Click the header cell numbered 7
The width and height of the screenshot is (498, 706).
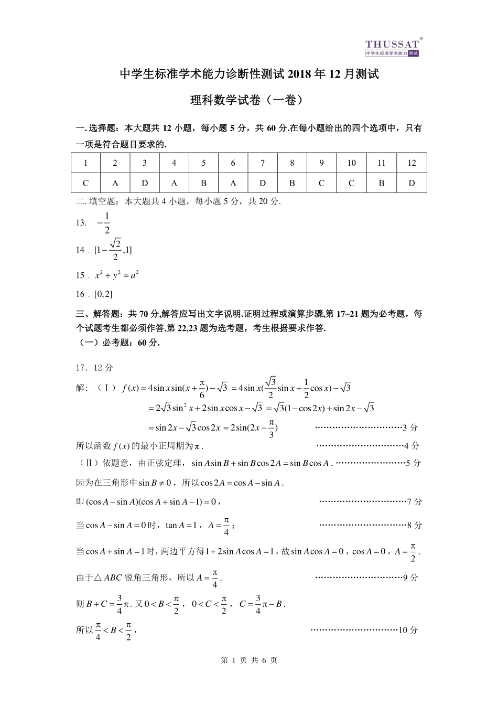click(x=263, y=163)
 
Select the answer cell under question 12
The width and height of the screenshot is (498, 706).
click(x=412, y=183)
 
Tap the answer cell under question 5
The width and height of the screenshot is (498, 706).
click(x=203, y=183)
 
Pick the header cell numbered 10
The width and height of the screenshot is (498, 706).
click(x=351, y=163)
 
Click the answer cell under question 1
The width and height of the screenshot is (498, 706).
click(x=85, y=183)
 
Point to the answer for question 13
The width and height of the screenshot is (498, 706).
click(x=104, y=222)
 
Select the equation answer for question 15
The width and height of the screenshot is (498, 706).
click(x=116, y=275)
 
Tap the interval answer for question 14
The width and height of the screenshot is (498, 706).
click(x=113, y=250)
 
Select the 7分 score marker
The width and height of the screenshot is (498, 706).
click(x=414, y=501)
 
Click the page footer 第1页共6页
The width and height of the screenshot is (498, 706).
click(x=249, y=660)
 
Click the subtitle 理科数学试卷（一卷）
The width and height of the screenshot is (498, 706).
click(x=248, y=100)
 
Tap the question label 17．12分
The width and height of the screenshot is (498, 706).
click(x=94, y=368)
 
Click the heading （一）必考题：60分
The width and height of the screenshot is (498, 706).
click(x=118, y=343)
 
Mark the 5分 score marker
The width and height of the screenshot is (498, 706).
click(x=414, y=463)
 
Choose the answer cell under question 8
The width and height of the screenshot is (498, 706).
click(x=292, y=183)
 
